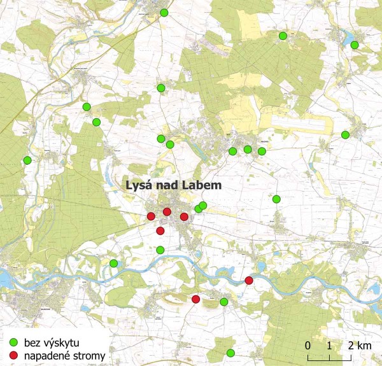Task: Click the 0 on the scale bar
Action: click(308, 345)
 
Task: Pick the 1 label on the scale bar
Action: click(329, 345)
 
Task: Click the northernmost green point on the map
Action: click(164, 13)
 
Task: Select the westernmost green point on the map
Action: click(27, 160)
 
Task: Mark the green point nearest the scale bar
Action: click(230, 353)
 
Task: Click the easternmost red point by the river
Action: click(249, 280)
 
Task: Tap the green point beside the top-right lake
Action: click(355, 45)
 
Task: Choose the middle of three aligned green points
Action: click(248, 150)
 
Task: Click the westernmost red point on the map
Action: click(151, 216)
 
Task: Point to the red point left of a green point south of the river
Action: click(196, 299)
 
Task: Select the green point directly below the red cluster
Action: click(160, 250)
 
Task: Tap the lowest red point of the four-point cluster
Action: click(160, 230)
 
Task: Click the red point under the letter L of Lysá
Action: click(167, 211)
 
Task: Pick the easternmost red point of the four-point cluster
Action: click(184, 217)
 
